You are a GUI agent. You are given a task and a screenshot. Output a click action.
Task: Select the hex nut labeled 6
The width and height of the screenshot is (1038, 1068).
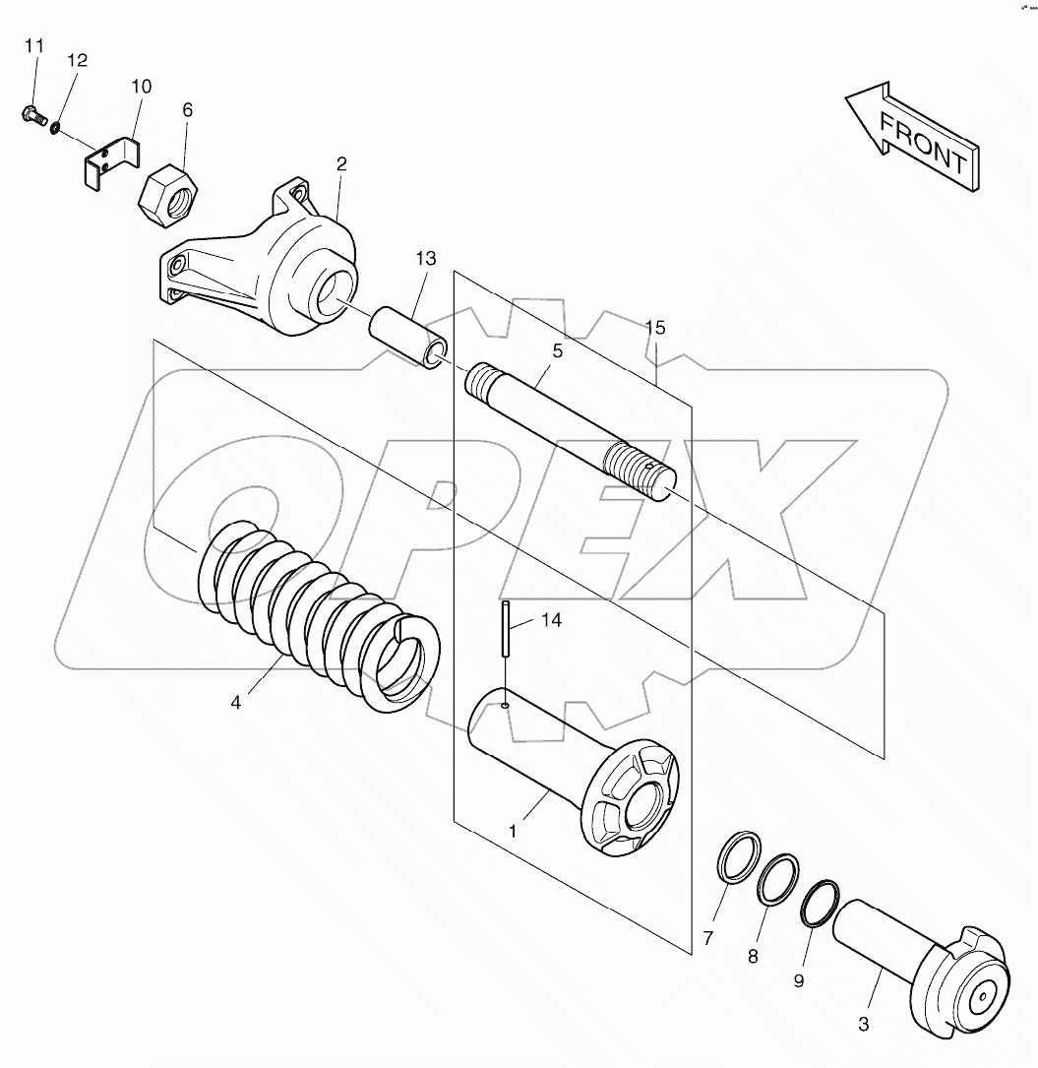point(167,197)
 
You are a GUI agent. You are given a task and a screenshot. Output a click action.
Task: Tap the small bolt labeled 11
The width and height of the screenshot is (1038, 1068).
point(31,115)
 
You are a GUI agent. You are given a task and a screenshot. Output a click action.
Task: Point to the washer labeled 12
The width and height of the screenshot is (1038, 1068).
point(54,127)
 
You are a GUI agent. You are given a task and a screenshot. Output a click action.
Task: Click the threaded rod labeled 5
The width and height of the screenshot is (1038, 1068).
point(571,432)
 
